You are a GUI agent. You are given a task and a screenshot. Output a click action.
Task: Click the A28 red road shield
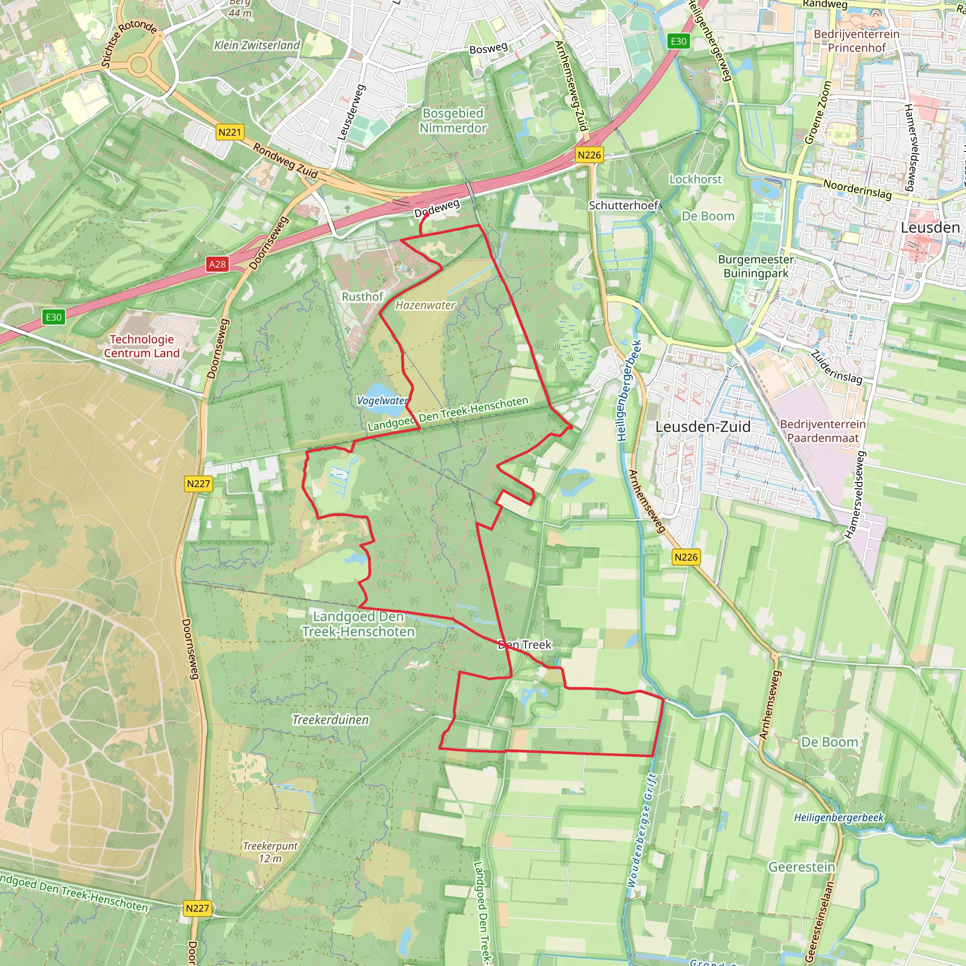(x=217, y=264)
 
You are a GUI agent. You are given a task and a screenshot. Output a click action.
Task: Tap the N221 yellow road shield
(x=230, y=132)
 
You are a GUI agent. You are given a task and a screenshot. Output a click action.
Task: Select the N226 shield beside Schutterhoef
(x=589, y=155)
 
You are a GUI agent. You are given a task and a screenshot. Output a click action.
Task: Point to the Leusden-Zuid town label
(x=702, y=426)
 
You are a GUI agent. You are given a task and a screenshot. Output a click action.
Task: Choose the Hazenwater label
(x=425, y=305)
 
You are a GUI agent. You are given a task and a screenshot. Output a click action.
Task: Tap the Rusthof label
(x=362, y=297)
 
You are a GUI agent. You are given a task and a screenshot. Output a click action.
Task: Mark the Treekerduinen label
(x=331, y=719)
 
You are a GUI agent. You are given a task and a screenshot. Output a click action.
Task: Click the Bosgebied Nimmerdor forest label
(x=452, y=120)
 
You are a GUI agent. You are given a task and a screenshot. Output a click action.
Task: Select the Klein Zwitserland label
(x=257, y=45)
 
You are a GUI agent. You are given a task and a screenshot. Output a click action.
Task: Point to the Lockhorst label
(x=696, y=179)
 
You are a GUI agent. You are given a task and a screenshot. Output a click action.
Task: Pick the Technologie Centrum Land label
(x=142, y=346)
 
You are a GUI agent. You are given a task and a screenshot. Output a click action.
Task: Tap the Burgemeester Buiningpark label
(x=756, y=266)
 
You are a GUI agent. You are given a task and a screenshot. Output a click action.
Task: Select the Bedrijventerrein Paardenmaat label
(x=823, y=431)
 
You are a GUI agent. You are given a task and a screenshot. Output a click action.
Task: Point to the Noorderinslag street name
(x=857, y=190)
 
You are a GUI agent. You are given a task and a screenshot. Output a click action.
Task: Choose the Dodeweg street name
(x=436, y=208)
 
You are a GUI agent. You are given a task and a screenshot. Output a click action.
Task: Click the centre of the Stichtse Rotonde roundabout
(x=139, y=65)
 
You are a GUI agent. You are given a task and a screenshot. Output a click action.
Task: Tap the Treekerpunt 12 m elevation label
(x=270, y=852)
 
